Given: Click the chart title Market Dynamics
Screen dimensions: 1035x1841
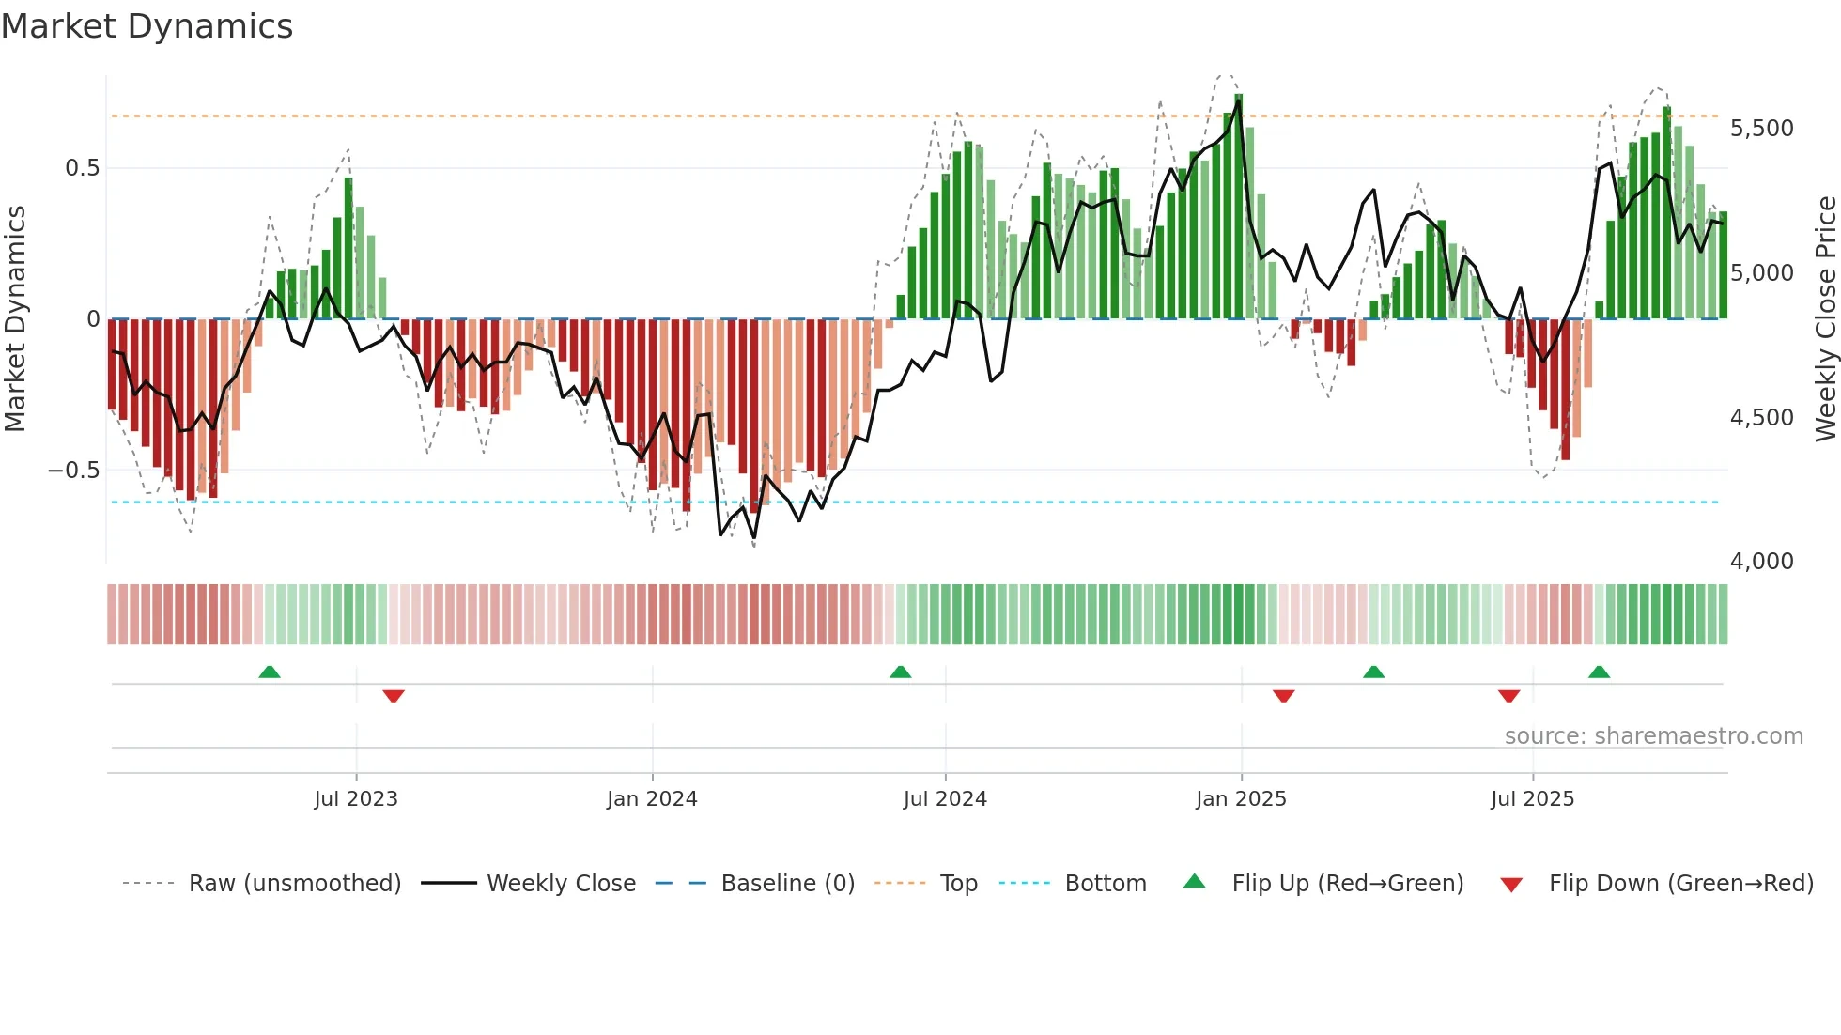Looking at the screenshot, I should [147, 26].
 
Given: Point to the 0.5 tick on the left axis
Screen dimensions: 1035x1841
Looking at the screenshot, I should [82, 168].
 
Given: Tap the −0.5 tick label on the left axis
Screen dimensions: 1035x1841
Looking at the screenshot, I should [74, 470].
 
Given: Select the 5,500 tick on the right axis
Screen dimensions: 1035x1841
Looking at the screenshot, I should [1761, 129].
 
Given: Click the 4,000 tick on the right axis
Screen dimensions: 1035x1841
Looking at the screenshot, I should [1761, 562].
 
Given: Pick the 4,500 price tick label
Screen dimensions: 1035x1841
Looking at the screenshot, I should [1761, 418].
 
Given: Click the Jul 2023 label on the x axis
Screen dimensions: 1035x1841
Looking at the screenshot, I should [356, 799].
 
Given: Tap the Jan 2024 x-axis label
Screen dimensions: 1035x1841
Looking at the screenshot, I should [652, 799].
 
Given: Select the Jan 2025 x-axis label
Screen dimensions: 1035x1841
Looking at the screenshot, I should [1241, 799].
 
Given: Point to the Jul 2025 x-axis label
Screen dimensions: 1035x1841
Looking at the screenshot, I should [1532, 799].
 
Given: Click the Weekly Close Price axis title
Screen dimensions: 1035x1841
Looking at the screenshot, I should [1825, 318].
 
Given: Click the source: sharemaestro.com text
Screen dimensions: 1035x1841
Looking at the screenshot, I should [1653, 736].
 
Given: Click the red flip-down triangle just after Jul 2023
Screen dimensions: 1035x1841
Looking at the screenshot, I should [394, 696].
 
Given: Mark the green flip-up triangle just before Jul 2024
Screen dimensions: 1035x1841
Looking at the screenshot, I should [900, 672].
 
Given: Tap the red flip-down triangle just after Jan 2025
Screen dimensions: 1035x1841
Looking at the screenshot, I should [1283, 696].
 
